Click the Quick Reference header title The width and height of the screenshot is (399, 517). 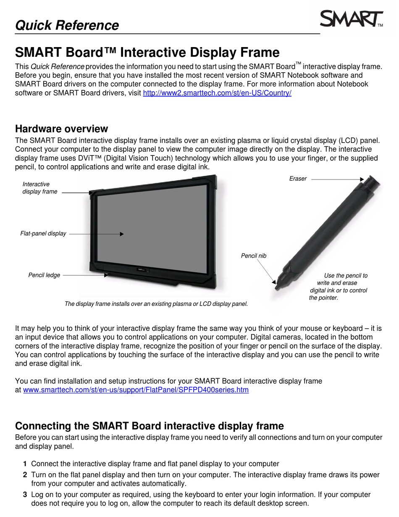click(x=67, y=25)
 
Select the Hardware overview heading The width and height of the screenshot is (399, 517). click(x=61, y=129)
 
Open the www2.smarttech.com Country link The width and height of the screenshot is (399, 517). click(x=217, y=93)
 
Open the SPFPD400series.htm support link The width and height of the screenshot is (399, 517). click(x=136, y=390)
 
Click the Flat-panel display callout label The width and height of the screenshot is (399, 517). click(x=43, y=233)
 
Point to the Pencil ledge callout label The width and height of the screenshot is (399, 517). click(x=44, y=275)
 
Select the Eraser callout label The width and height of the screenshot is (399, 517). click(x=298, y=179)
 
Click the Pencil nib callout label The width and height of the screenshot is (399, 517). click(x=254, y=256)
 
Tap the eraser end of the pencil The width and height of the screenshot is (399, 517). click(x=371, y=182)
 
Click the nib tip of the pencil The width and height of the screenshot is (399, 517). click(x=277, y=288)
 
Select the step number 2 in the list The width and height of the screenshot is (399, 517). click(x=25, y=475)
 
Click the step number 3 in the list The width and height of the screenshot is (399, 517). click(x=25, y=495)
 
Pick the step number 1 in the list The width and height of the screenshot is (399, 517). click(x=25, y=464)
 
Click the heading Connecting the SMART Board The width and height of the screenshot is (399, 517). click(x=150, y=426)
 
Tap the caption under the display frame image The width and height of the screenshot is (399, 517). click(x=156, y=303)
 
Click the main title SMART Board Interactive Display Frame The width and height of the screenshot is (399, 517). click(x=147, y=53)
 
